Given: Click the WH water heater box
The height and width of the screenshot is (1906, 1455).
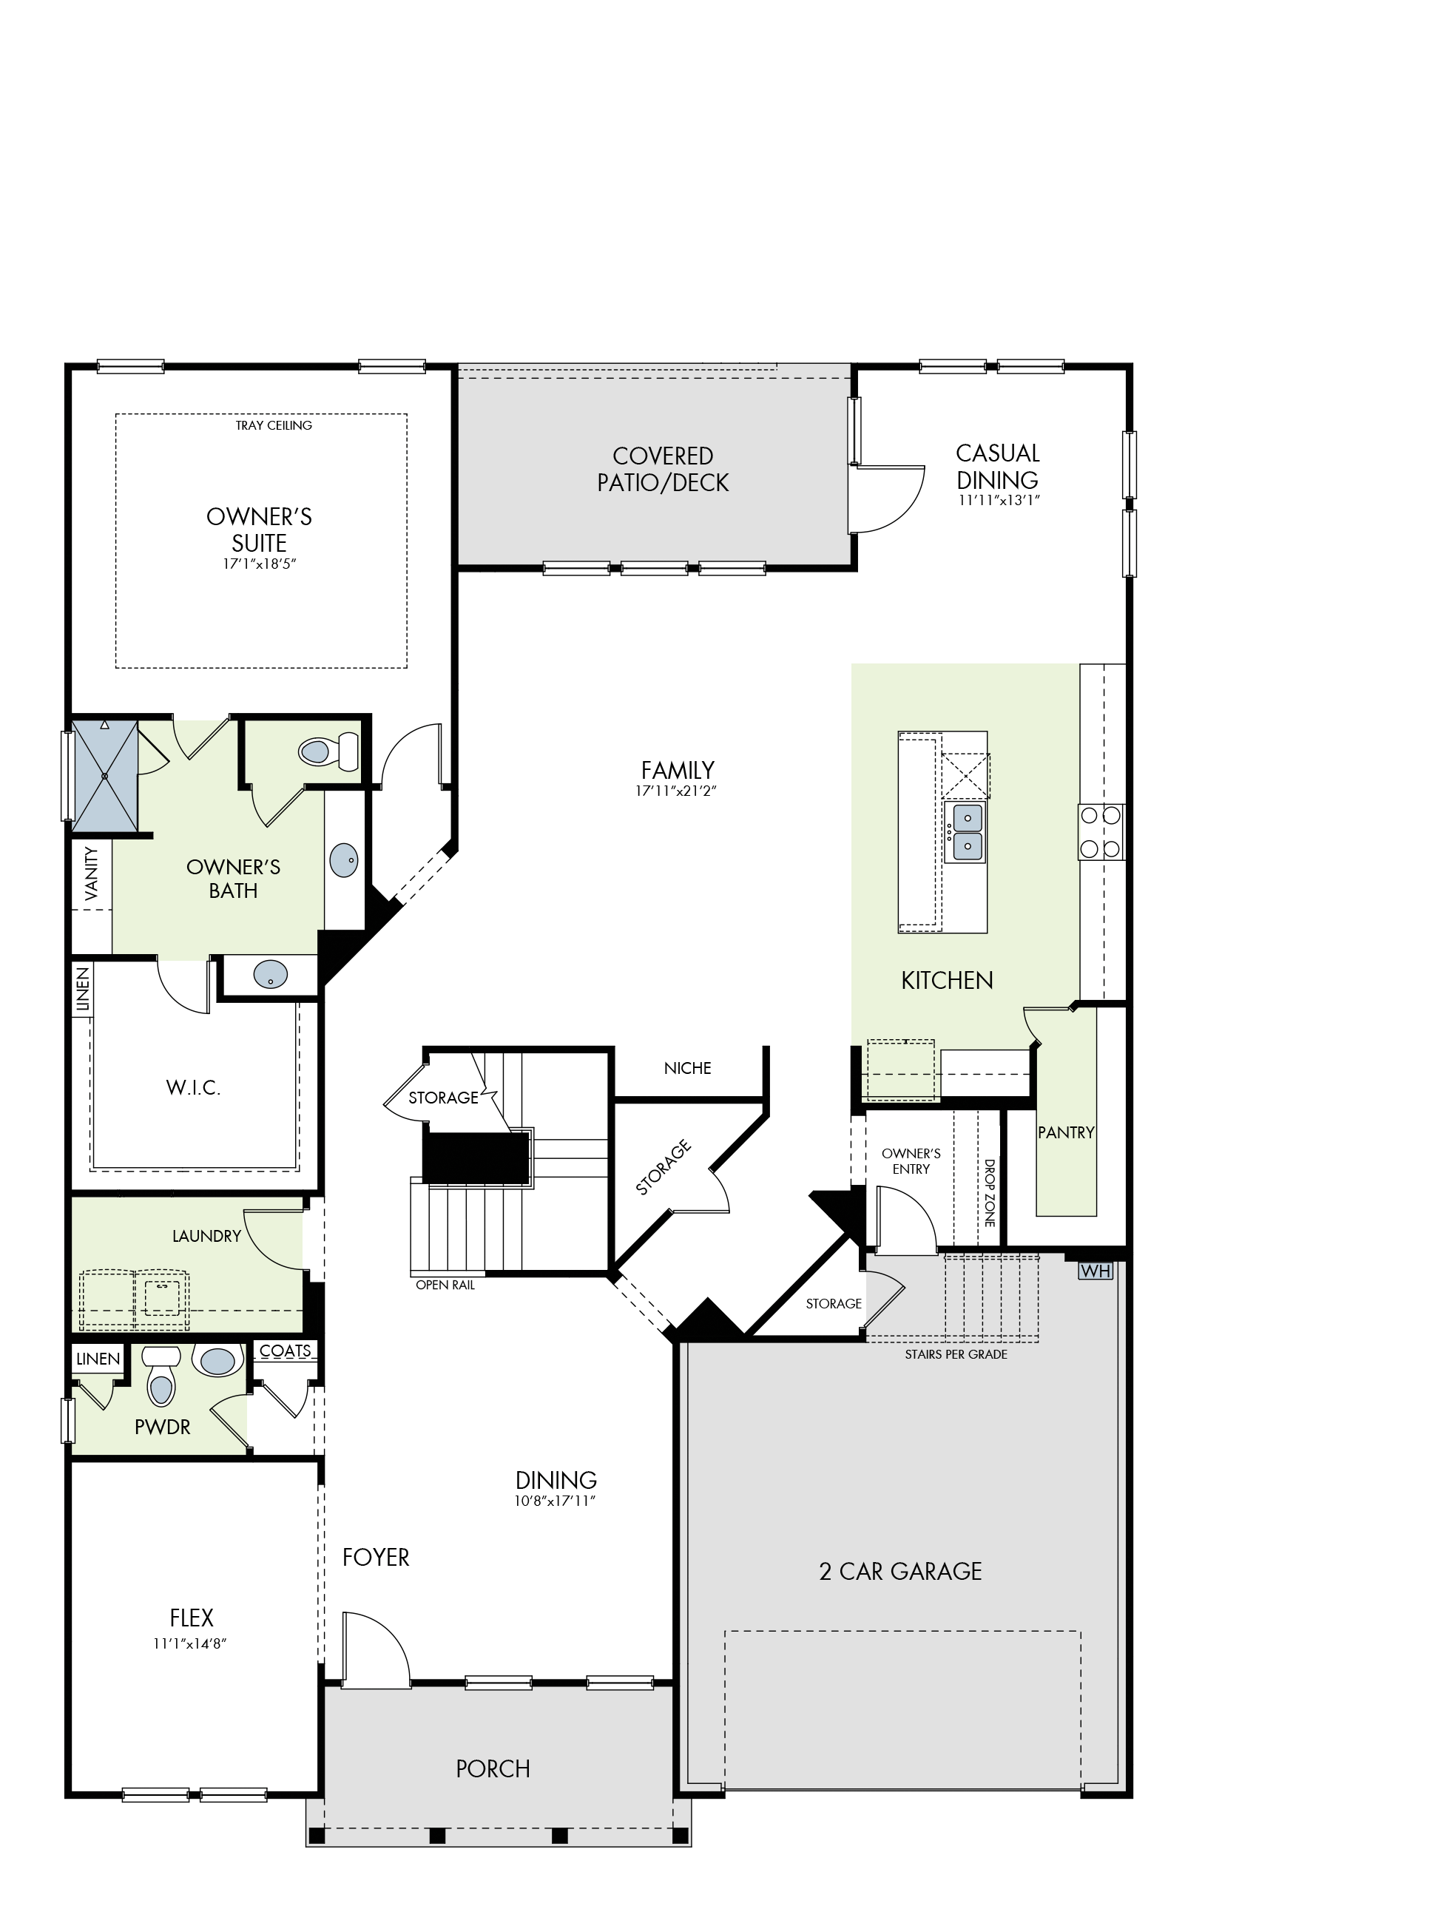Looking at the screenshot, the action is (1095, 1271).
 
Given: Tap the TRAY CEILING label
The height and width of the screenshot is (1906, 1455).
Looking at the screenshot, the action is (274, 425).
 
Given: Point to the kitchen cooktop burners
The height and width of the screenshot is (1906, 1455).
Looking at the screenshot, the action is (1101, 831).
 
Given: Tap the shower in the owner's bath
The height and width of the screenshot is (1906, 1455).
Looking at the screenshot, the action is (105, 776).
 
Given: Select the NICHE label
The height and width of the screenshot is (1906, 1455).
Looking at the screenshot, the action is (688, 1069).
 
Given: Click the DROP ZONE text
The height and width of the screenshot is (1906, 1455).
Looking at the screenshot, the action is (989, 1192).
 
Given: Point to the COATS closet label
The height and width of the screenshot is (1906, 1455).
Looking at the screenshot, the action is (285, 1351).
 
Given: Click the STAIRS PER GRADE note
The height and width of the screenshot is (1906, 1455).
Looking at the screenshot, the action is (956, 1354).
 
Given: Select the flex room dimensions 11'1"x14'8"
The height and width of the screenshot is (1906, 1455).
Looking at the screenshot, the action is (191, 1643).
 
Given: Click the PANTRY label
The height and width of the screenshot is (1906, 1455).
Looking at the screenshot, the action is (1066, 1132).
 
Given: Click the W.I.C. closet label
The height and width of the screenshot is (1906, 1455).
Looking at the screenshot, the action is (193, 1089).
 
